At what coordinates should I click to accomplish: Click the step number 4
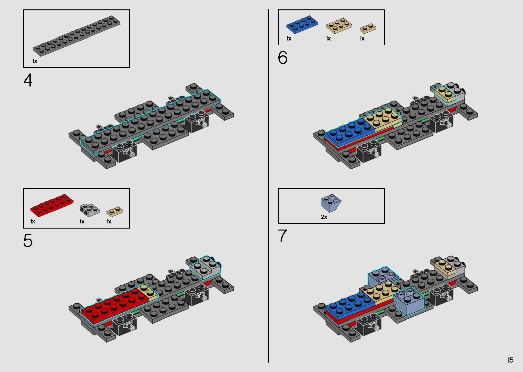28,80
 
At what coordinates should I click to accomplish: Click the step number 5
28,241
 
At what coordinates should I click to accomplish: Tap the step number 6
283,58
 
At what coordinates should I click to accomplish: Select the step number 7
283,236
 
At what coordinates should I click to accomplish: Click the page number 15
510,360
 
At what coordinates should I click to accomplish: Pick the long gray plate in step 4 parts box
76,36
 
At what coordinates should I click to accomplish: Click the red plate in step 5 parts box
52,205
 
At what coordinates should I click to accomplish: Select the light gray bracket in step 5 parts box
90,210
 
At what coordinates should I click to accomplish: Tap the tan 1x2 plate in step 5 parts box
115,212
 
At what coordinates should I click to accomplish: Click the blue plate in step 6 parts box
302,24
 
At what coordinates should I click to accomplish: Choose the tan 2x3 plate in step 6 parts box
339,26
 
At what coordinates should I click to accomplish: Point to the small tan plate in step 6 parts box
368,29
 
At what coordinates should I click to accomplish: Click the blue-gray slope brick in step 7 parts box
331,203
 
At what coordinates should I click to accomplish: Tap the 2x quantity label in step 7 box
324,217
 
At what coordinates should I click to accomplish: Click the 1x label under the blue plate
289,39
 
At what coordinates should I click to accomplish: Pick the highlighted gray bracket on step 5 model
205,267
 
